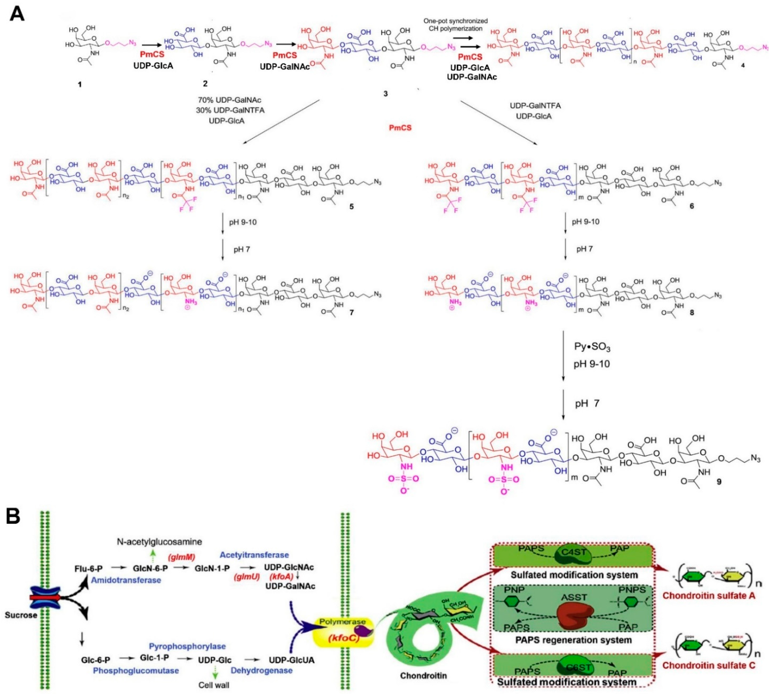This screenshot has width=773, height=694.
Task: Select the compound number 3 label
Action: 386,93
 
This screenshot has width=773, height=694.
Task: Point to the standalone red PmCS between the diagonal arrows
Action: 400,128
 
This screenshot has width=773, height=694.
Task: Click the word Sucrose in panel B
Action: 21,615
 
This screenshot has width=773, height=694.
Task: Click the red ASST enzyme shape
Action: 574,617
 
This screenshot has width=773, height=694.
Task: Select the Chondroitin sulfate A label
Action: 708,596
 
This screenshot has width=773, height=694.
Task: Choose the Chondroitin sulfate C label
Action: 708,665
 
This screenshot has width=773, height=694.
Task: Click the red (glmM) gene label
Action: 182,558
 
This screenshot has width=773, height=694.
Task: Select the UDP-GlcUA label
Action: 292,660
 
